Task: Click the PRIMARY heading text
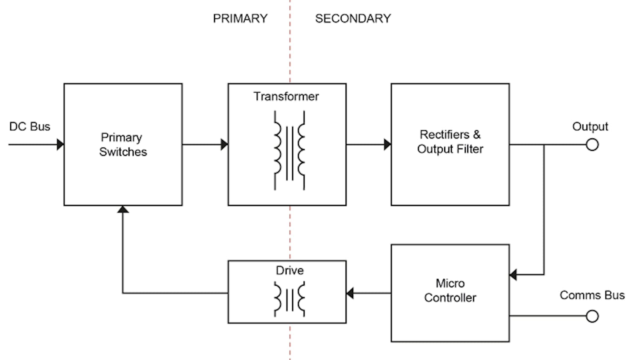[240, 18]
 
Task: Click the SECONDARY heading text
[353, 18]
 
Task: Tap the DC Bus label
[29, 126]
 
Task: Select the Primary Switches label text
[123, 144]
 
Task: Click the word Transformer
[286, 97]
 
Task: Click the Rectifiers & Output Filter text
[450, 142]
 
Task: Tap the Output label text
[590, 126]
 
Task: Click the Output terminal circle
[592, 145]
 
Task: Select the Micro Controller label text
[450, 290]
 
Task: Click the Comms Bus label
[592, 295]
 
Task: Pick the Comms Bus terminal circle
[592, 316]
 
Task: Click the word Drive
[290, 270]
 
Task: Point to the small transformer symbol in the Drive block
[289, 299]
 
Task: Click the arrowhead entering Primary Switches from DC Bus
[60, 145]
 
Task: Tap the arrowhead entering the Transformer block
[224, 145]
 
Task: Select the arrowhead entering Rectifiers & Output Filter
[387, 145]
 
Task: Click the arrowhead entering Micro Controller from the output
[513, 275]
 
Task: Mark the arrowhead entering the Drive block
[350, 293]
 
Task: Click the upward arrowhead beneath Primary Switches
[123, 209]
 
